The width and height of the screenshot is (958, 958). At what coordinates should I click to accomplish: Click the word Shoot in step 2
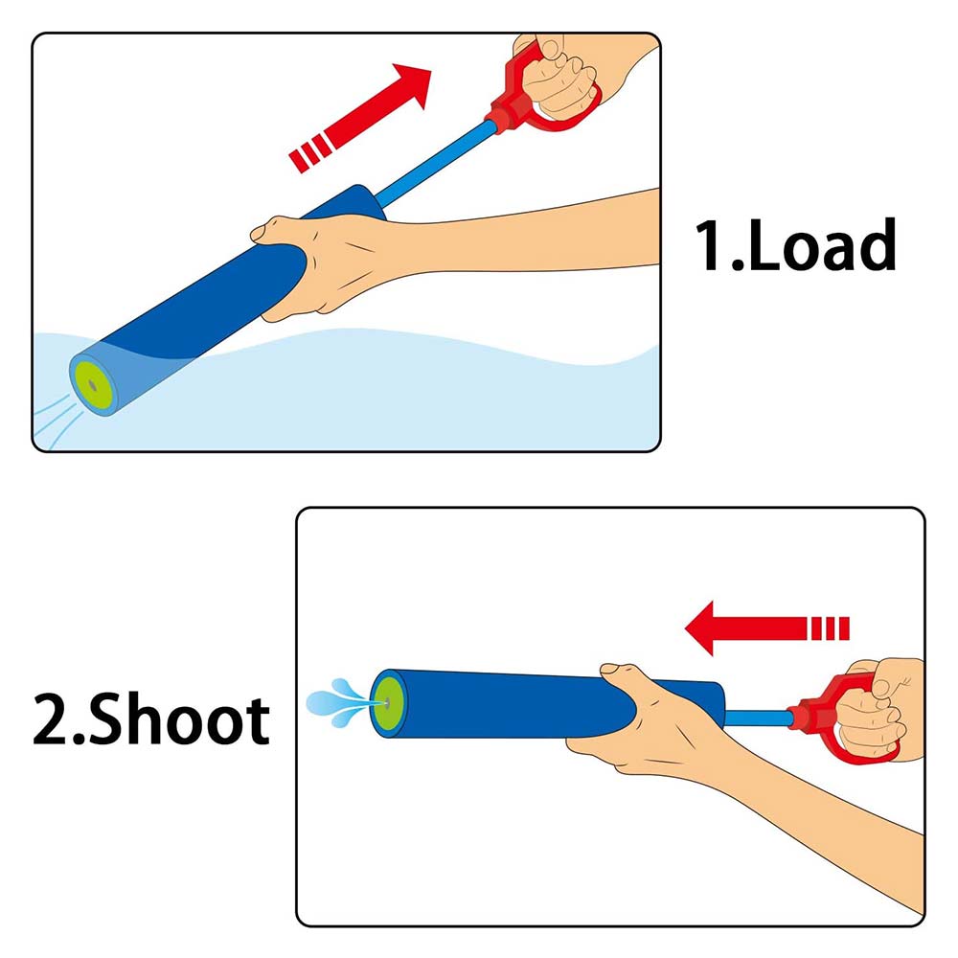[x=180, y=719]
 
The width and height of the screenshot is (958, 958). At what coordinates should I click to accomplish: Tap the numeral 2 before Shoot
[x=53, y=719]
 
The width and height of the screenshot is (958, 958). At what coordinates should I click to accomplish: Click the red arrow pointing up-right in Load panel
[x=360, y=117]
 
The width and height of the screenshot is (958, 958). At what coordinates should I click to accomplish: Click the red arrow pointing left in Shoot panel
[x=767, y=628]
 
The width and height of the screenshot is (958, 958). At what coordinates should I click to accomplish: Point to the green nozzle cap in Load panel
[x=92, y=385]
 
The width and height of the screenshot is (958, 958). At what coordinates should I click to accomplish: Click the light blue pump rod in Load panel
[x=435, y=164]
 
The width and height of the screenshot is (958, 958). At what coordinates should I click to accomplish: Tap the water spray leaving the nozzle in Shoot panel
[x=339, y=702]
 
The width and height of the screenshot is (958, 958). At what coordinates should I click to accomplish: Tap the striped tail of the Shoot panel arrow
[x=829, y=628]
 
